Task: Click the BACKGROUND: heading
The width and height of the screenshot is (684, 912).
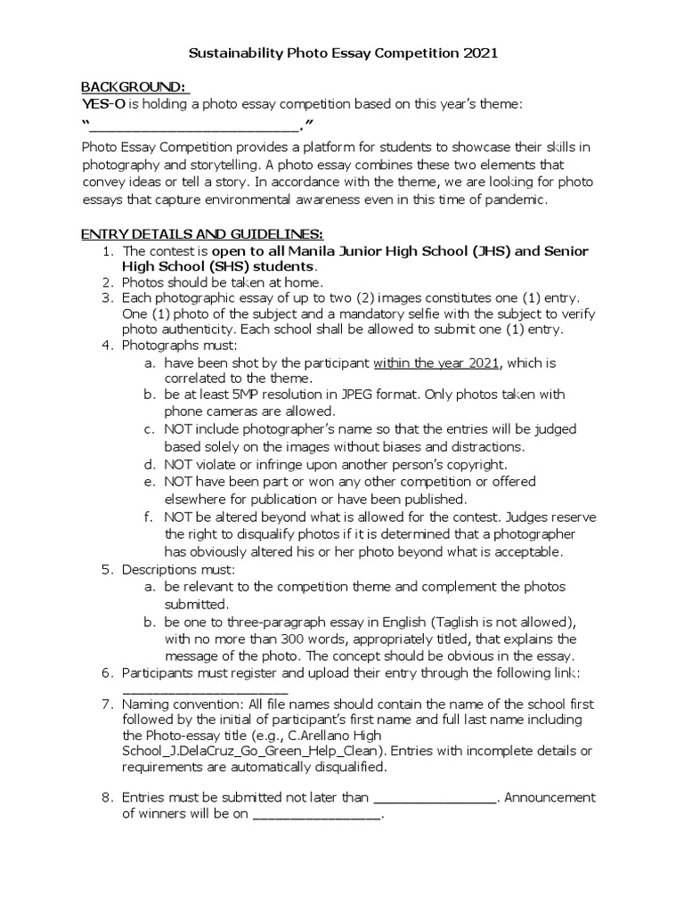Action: click(134, 87)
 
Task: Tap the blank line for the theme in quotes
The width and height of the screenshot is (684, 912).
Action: click(195, 126)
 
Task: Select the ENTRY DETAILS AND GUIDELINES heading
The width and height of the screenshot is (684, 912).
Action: click(201, 234)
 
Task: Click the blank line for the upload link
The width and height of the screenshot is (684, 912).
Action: click(205, 690)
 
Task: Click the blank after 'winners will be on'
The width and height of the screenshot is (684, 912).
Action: click(318, 815)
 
